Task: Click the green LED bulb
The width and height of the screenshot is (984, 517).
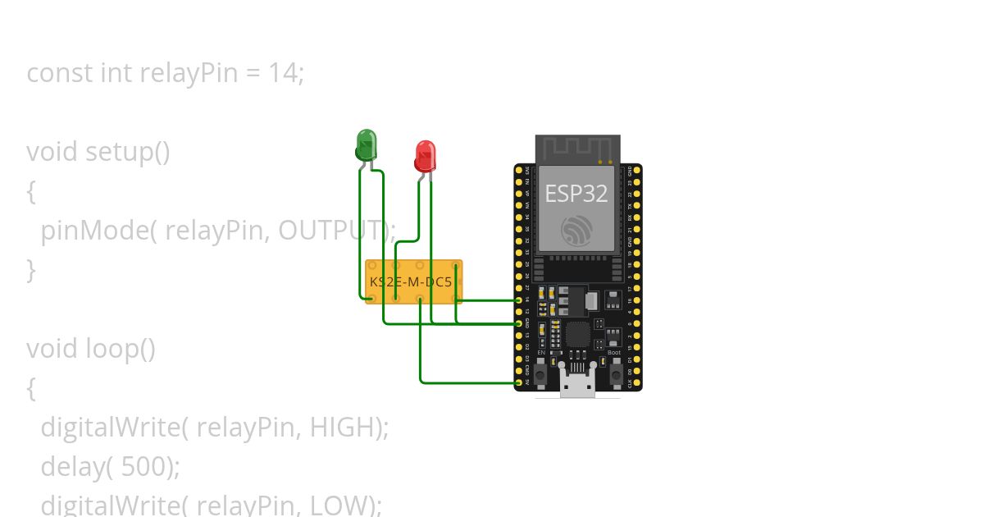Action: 366,144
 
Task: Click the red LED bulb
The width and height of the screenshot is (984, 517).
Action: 425,154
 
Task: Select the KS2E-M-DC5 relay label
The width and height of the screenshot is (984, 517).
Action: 410,282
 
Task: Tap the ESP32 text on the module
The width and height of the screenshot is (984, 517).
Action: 576,194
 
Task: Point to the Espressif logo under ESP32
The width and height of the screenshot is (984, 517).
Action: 576,230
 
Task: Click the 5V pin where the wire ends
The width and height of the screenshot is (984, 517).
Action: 518,382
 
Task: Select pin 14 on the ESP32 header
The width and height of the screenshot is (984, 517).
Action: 518,300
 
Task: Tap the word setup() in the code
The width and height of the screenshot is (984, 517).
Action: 128,152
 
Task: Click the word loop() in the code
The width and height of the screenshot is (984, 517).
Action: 121,349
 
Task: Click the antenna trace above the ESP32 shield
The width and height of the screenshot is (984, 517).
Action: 577,148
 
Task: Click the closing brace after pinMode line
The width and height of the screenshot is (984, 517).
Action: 31,270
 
